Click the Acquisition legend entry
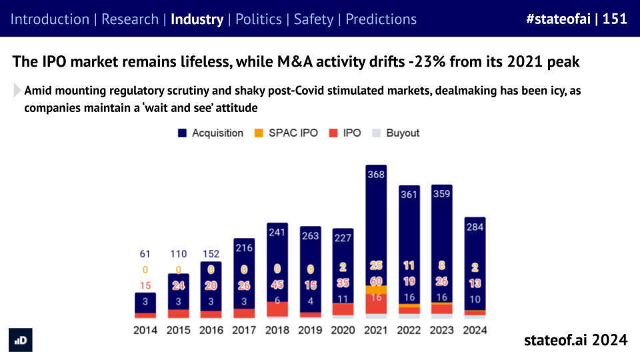pyautogui.click(x=211, y=133)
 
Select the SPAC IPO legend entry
pyautogui.click(x=289, y=133)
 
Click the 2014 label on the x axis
pyautogui.click(x=145, y=329)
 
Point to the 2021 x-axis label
pyautogui.click(x=376, y=329)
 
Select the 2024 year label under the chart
pyautogui.click(x=475, y=329)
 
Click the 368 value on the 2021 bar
pyautogui.click(x=376, y=175)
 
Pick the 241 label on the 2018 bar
pyautogui.click(x=277, y=233)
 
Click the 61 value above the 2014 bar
pyautogui.click(x=145, y=254)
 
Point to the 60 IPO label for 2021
pyautogui.click(x=376, y=281)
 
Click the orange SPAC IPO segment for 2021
pyautogui.click(x=376, y=290)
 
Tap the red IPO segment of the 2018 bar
pyautogui.click(x=277, y=309)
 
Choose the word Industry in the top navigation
pyautogui.click(x=197, y=19)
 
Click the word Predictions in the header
pyautogui.click(x=381, y=19)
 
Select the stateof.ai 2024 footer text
pyautogui.click(x=575, y=340)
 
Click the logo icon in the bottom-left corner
pyautogui.click(x=21, y=340)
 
